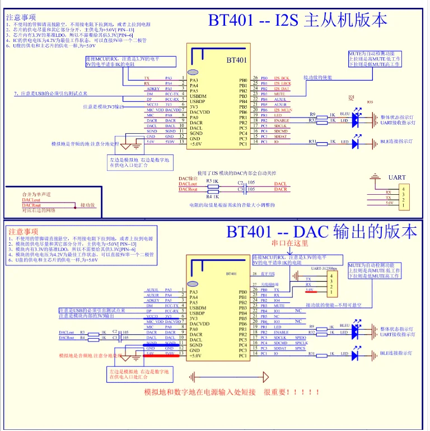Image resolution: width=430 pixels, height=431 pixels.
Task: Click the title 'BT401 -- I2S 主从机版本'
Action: [297, 20]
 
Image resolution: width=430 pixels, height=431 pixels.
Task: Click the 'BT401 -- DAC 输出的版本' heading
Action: [321, 232]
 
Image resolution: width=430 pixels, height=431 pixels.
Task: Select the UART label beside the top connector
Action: [397, 178]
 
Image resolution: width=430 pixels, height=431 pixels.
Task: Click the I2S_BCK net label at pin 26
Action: [282, 78]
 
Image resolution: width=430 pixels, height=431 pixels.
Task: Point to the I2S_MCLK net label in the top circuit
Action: [283, 110]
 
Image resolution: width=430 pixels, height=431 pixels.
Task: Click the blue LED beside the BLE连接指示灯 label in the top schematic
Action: [355, 143]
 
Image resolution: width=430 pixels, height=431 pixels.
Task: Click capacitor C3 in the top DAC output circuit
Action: [240, 190]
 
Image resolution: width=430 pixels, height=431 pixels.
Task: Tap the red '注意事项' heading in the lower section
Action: [24, 231]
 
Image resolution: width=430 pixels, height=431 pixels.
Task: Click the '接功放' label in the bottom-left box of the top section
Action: [88, 205]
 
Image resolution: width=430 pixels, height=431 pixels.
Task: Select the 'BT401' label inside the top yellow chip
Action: [236, 60]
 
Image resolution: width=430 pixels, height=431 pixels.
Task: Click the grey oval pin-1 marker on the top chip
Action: [193, 72]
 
